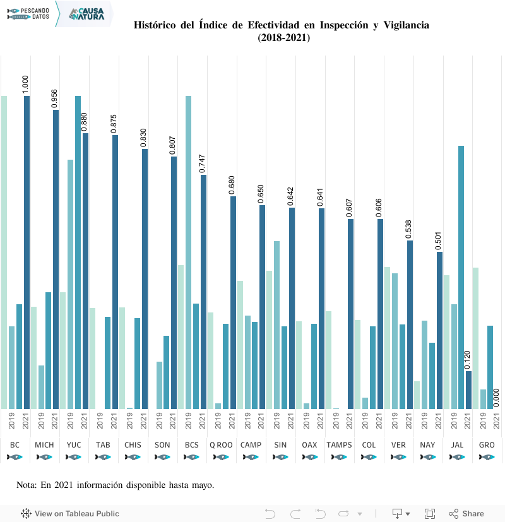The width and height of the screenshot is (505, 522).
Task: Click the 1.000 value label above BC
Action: tap(26, 85)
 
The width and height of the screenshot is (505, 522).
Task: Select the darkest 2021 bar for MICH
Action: tap(56, 259)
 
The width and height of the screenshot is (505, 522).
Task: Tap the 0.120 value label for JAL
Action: tap(468, 359)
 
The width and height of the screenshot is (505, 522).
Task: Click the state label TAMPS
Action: tap(339, 445)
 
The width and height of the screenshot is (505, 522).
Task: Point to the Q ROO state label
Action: tap(221, 445)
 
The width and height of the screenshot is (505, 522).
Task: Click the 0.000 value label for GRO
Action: tap(497, 398)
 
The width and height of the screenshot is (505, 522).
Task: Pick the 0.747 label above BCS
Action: tap(203, 163)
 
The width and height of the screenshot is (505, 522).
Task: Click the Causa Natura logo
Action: tap(86, 13)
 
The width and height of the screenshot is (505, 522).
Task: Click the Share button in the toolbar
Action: tap(466, 514)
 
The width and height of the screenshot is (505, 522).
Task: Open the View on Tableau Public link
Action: tap(70, 514)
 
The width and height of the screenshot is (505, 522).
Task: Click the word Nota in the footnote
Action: tap(27, 485)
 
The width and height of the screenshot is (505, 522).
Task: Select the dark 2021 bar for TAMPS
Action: tap(350, 314)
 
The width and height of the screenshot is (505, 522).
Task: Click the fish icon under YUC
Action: tap(74, 457)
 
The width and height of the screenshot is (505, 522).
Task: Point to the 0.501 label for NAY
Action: tap(439, 240)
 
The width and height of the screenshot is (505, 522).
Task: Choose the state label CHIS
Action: tap(133, 445)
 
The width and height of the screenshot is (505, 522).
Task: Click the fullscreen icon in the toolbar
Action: tap(430, 514)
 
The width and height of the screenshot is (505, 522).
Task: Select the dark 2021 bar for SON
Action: tap(174, 282)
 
